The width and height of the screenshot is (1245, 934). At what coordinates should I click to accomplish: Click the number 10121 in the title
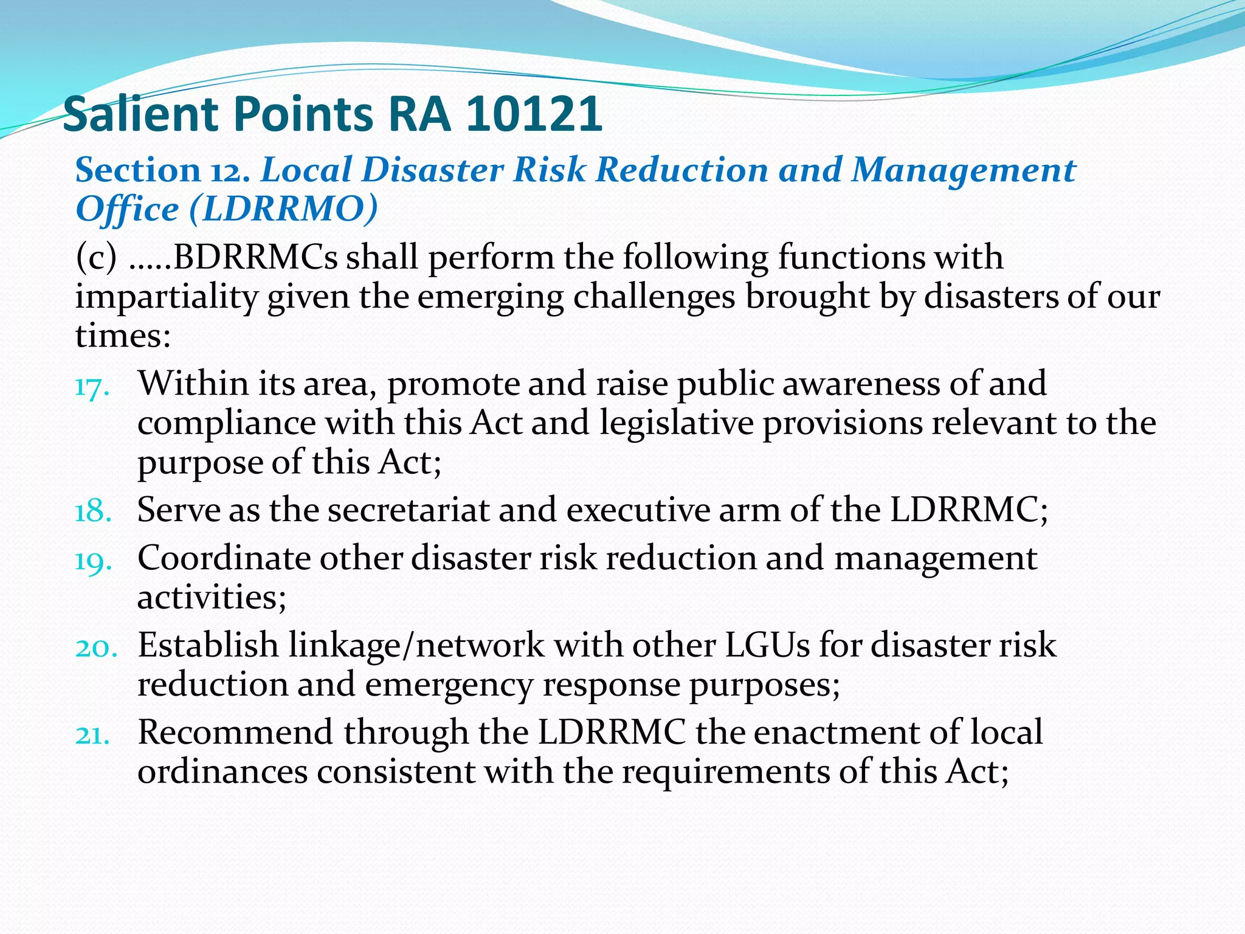coord(534,114)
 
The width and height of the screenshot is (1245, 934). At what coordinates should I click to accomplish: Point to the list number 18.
coord(93,511)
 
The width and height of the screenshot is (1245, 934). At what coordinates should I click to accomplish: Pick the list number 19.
coord(93,561)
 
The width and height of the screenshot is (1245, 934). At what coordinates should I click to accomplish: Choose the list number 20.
coord(95,648)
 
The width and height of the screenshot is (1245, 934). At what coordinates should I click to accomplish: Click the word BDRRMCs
coord(255,258)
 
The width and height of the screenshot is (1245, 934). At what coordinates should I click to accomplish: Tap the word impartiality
coord(166,298)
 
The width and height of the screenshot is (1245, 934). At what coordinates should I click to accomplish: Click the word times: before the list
coord(123,336)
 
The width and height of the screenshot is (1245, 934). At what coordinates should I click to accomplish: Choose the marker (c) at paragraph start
coord(96,258)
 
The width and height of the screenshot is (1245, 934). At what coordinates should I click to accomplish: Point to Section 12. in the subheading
coord(163,170)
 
